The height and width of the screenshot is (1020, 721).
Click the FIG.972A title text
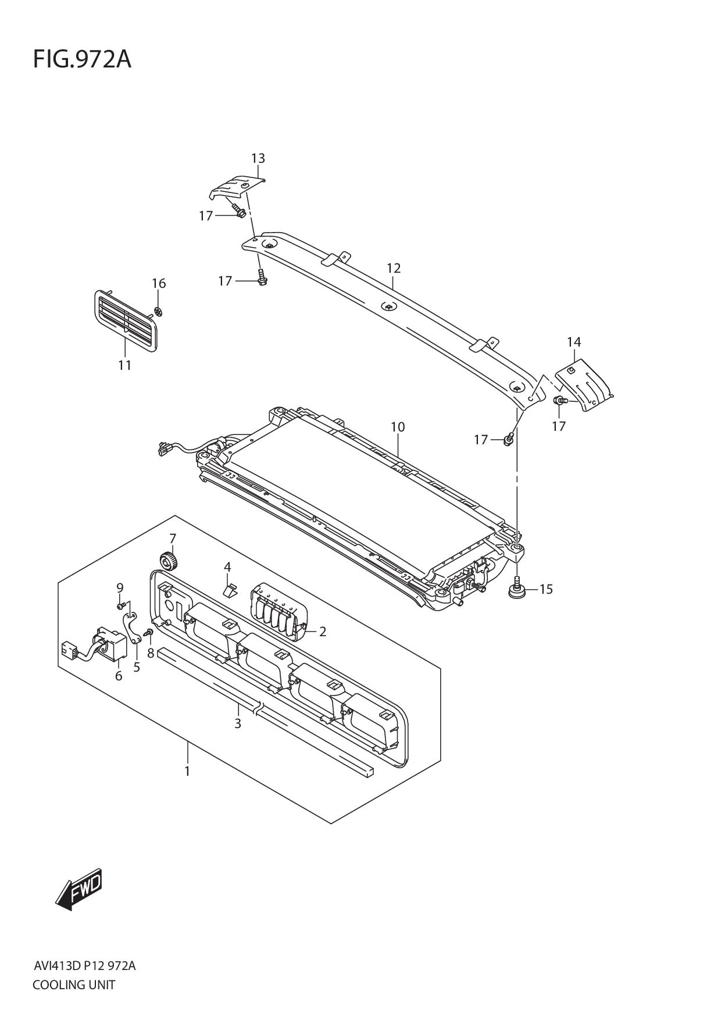click(x=82, y=59)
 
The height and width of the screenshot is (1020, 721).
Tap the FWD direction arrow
click(x=79, y=889)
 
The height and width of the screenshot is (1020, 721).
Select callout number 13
click(x=258, y=158)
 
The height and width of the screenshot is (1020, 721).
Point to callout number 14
click(x=573, y=342)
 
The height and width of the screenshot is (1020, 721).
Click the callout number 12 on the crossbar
click(x=394, y=268)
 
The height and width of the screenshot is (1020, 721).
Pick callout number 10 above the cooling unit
click(x=397, y=427)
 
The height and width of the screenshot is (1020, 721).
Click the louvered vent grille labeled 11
click(x=125, y=320)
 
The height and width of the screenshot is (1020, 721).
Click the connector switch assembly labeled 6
click(x=109, y=645)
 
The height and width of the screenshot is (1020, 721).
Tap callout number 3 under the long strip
click(x=237, y=724)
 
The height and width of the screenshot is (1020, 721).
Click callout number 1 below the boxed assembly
click(x=187, y=771)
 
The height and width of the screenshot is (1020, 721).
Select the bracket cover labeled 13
click(x=235, y=187)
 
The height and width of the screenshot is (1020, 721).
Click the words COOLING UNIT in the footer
click(x=74, y=985)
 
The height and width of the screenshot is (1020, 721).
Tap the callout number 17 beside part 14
click(x=558, y=426)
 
